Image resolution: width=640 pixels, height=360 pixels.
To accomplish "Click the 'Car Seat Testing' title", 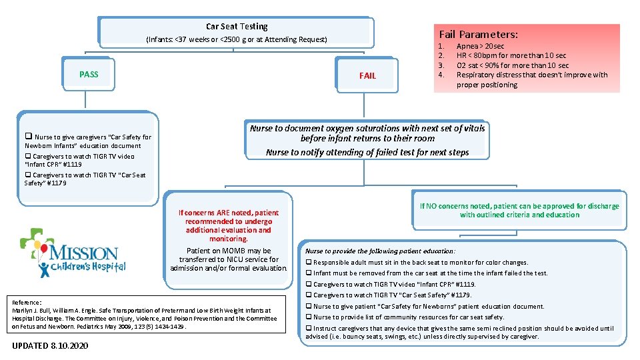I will point(237,27).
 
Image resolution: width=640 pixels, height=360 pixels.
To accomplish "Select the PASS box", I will point(89,74).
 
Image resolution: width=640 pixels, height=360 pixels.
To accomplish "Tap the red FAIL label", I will point(367,76).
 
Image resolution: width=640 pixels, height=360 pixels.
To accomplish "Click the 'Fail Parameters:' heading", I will point(478,34).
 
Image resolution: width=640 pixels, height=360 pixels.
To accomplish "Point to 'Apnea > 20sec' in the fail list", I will point(480,47).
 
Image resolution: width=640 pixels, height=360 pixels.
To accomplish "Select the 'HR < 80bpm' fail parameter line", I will point(511,56).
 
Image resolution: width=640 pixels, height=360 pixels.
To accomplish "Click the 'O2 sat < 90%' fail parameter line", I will point(512,65).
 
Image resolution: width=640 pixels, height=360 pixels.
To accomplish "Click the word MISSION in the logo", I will point(84,253).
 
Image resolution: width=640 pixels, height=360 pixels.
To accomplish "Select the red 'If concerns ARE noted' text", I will point(229,225).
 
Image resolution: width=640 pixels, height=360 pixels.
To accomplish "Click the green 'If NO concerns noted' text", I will point(519,211).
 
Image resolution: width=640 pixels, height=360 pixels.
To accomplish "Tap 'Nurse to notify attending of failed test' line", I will point(367,152).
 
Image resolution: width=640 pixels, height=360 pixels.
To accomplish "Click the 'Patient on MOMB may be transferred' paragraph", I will point(229,259).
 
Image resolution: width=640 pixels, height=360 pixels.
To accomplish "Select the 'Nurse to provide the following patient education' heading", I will point(380,251).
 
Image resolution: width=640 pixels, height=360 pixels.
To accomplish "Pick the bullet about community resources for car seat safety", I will point(408,317).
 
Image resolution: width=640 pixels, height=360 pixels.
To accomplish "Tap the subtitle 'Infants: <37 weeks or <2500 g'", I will point(237,40).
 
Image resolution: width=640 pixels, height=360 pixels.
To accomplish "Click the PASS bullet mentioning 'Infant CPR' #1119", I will point(80,160).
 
